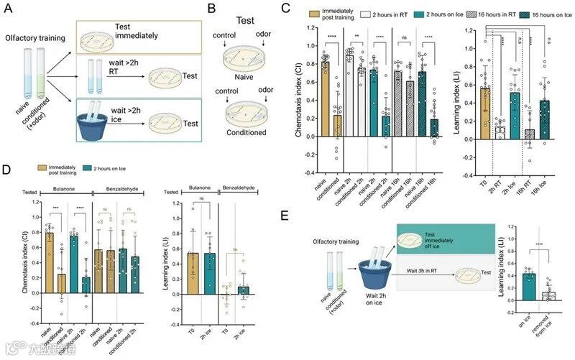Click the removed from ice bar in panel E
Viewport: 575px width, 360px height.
548,295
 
